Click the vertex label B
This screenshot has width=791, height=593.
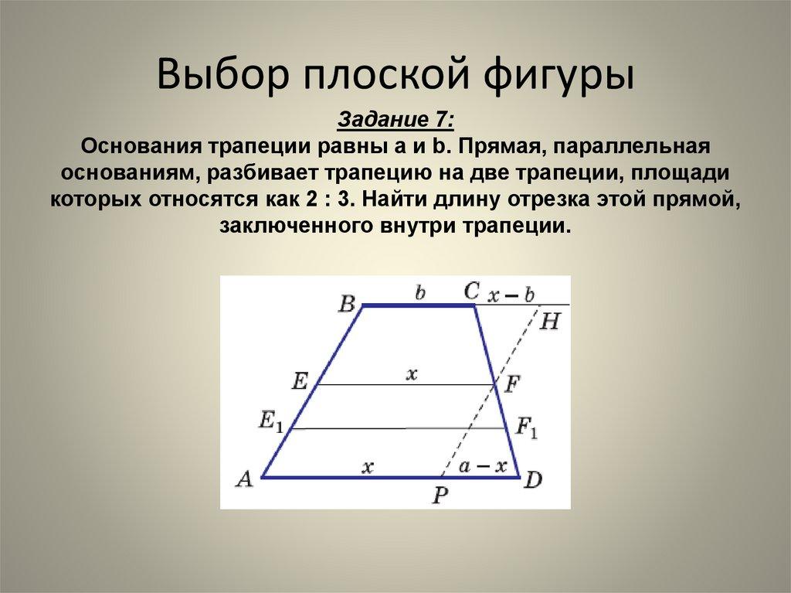[346, 302]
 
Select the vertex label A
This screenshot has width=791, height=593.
[244, 479]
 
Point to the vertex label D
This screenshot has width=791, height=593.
[533, 479]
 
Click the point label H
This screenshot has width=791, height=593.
[549, 321]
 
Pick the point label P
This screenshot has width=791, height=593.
[440, 495]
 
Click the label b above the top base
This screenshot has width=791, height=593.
[420, 293]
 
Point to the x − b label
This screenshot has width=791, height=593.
[513, 294]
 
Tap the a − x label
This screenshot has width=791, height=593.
[483, 466]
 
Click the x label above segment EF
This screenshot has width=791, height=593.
[411, 374]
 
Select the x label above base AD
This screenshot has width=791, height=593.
[368, 466]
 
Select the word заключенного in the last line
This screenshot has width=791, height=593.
[296, 227]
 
